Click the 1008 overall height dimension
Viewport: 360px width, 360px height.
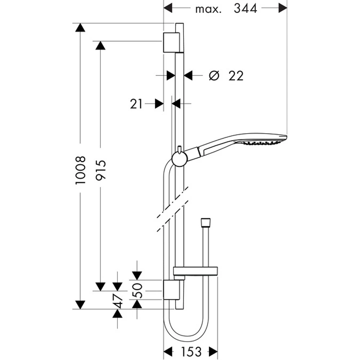81,170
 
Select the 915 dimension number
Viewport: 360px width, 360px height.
100,170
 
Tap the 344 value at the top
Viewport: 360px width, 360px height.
246,8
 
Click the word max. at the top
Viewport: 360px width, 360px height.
208,9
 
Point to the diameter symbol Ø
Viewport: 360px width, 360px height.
214,76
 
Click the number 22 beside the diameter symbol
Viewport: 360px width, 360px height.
236,76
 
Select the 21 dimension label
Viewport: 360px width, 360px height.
136,104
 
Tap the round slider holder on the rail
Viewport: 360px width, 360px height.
179,158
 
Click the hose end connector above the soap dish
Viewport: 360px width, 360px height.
205,222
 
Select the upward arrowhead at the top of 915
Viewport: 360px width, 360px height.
100,45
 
